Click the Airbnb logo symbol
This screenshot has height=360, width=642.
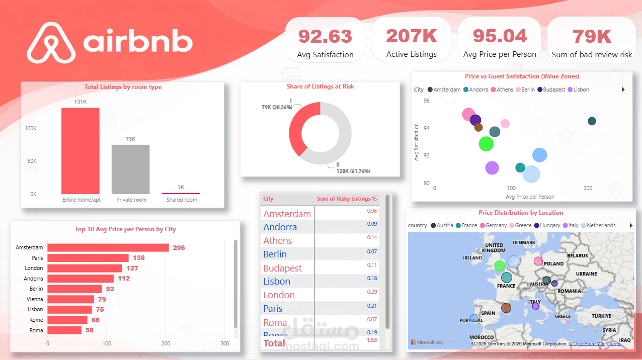click(x=51, y=43)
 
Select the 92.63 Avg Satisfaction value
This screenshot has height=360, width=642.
click(x=325, y=36)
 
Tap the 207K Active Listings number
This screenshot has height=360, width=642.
click(x=411, y=36)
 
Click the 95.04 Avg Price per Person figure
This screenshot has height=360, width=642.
click(x=499, y=36)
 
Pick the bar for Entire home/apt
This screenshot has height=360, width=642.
click(x=81, y=151)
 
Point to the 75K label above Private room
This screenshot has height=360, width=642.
click(x=131, y=139)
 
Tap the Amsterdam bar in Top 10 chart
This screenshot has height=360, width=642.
click(x=108, y=247)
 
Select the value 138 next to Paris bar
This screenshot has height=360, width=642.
click(x=139, y=258)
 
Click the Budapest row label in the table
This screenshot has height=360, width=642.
click(x=282, y=268)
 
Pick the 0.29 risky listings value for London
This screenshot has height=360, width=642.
click(x=371, y=292)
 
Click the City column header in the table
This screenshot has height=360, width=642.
click(x=269, y=199)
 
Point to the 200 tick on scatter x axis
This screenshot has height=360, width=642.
click(x=587, y=188)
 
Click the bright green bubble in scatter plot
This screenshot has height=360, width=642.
click(x=486, y=144)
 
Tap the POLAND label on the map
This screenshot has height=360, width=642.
click(x=553, y=263)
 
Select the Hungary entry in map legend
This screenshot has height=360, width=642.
click(x=546, y=225)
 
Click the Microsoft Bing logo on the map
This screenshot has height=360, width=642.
click(x=427, y=342)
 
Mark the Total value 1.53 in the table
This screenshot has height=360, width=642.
click(x=371, y=340)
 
